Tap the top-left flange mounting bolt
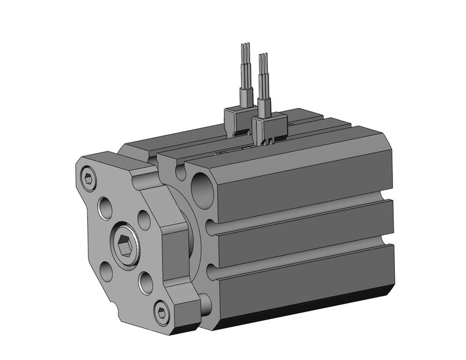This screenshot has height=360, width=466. click(x=89, y=179)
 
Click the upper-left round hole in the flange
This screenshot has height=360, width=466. click(x=105, y=207)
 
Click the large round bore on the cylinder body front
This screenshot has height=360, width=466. click(x=202, y=190)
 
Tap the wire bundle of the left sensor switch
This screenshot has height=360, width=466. click(x=245, y=67)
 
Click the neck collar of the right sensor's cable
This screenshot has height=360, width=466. click(x=264, y=106)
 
